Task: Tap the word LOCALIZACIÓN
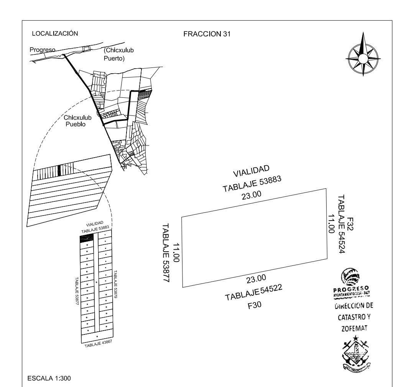(x=55, y=34)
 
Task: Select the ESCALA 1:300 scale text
(x=49, y=378)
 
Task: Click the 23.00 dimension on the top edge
(x=251, y=195)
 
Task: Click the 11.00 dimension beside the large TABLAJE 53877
(x=177, y=252)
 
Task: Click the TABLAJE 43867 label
(x=99, y=343)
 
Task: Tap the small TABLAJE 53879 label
(x=115, y=284)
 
